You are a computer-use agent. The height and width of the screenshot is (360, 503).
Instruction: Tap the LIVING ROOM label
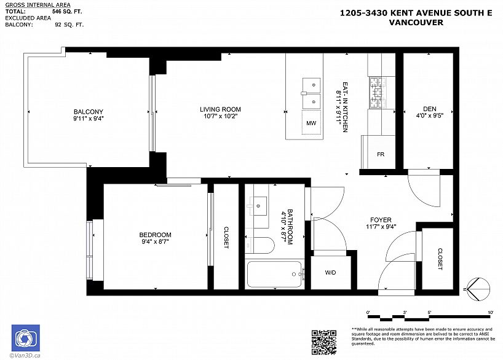coord(220,109)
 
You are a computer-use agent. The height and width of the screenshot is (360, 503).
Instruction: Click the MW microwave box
coord(311,123)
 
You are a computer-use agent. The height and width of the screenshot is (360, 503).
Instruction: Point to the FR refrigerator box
coord(381,154)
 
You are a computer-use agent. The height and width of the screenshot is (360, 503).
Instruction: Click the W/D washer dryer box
coord(330,272)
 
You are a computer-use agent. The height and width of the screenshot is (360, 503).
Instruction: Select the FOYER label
coord(381,219)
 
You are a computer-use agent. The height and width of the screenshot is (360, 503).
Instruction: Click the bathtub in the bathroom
coord(275,274)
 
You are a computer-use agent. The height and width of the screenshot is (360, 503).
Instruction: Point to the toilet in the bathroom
coord(261,245)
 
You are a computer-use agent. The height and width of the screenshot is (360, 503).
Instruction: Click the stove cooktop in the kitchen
coord(376,92)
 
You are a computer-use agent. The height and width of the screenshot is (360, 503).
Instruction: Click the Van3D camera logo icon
coord(25,338)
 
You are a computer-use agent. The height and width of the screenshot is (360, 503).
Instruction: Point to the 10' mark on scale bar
coord(490,313)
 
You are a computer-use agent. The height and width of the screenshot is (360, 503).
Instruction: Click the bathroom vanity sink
coord(258,204)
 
